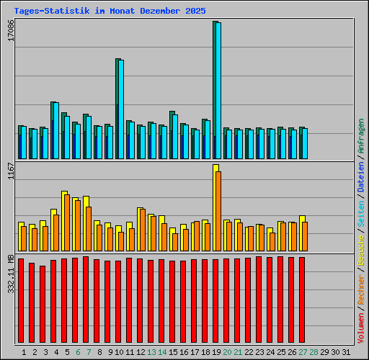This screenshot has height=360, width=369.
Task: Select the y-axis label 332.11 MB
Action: (10, 274)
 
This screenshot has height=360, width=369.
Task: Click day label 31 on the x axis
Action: (345, 352)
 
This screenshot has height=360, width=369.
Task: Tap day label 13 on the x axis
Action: (151, 352)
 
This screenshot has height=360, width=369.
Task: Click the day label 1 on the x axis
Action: (24, 352)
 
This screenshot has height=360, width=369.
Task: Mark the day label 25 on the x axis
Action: (280, 352)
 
